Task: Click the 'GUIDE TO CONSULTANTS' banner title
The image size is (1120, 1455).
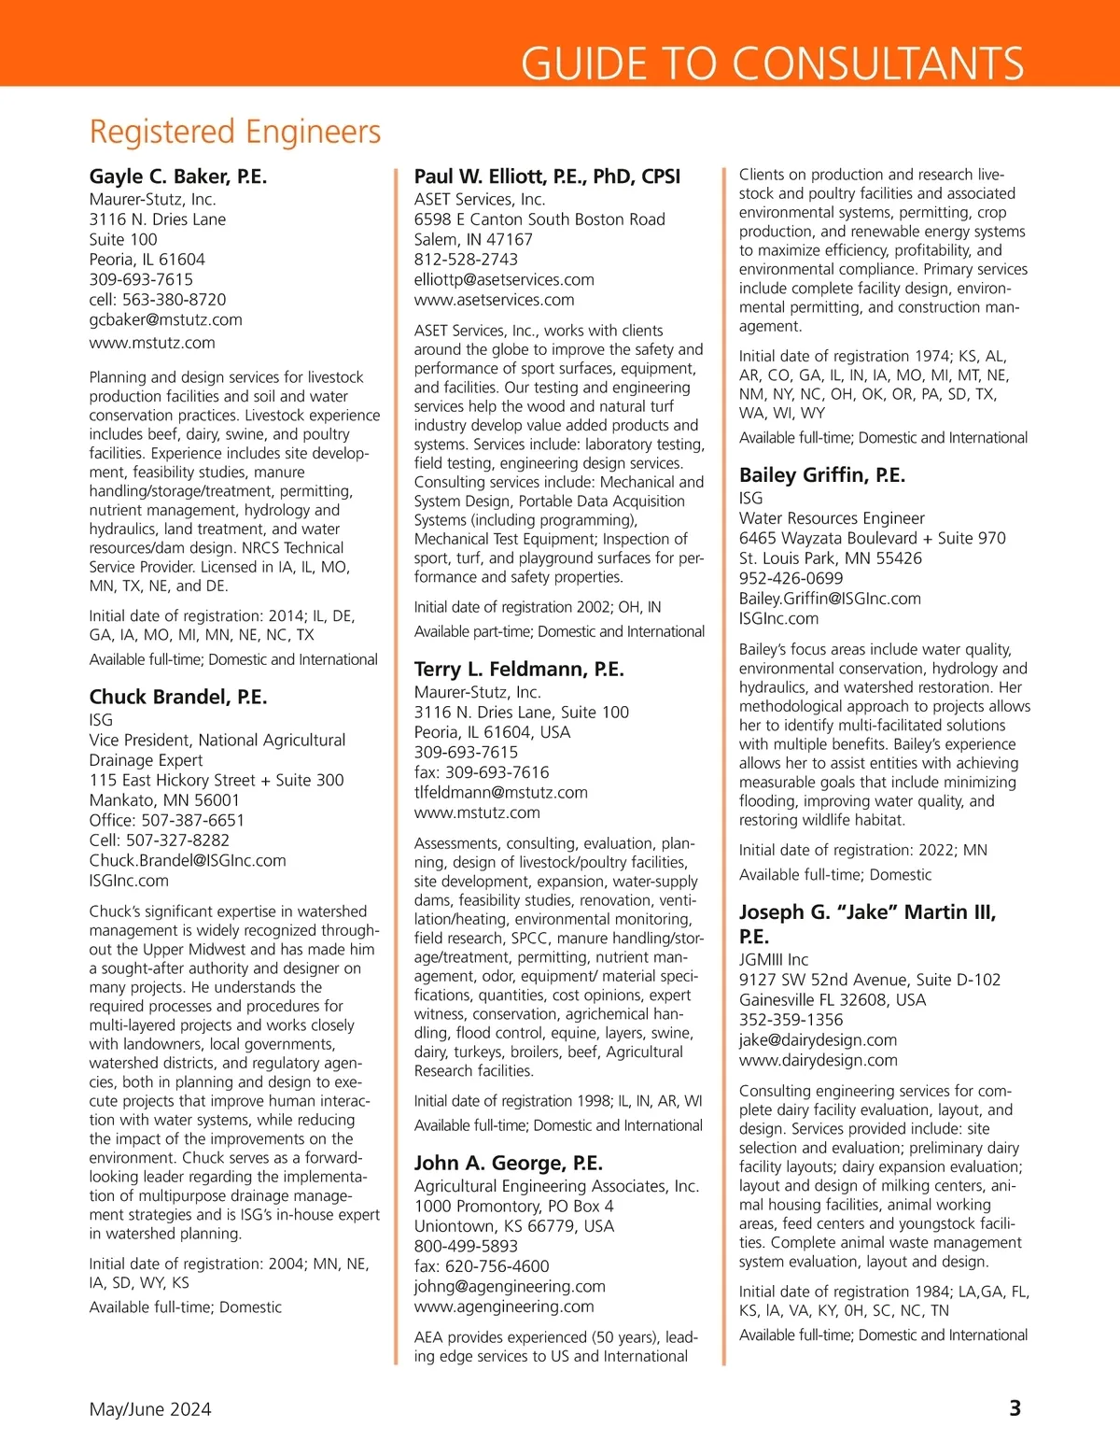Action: point(772,64)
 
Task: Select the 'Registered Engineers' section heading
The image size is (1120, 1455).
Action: point(235,132)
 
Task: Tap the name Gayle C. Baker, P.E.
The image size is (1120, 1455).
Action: point(178,177)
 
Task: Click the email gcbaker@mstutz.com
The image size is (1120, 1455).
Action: point(166,319)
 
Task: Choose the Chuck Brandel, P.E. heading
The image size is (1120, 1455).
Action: point(178,697)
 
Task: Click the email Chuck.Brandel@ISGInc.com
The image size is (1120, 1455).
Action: point(188,860)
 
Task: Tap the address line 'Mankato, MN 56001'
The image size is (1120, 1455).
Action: point(164,800)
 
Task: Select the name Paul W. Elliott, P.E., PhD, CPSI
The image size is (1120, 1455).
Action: point(547,177)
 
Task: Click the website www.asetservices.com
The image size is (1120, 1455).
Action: point(494,300)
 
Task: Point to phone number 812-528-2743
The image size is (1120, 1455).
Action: point(466,260)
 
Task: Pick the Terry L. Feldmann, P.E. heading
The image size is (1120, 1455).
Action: point(519,669)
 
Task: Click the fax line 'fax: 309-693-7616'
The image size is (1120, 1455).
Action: point(482,772)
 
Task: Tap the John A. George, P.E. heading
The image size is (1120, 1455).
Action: point(509,1163)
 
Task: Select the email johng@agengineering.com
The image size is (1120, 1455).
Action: point(510,1286)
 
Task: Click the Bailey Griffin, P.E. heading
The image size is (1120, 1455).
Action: point(822,474)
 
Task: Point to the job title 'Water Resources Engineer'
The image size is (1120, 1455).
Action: point(832,518)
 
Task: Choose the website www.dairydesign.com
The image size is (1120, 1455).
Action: point(819,1060)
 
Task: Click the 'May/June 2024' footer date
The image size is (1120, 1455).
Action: point(150,1409)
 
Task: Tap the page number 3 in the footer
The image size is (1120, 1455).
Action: point(1015,1408)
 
